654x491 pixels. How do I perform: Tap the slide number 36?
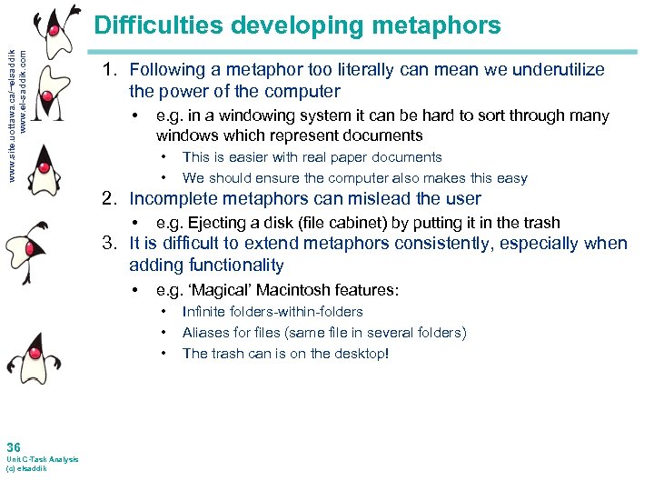(x=13, y=447)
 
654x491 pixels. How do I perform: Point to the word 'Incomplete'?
(x=171, y=198)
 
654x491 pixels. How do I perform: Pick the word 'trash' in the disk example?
(x=541, y=223)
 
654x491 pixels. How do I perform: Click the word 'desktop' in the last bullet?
(x=358, y=354)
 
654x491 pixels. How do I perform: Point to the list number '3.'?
(x=112, y=244)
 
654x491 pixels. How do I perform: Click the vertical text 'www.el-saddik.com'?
(x=36, y=91)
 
